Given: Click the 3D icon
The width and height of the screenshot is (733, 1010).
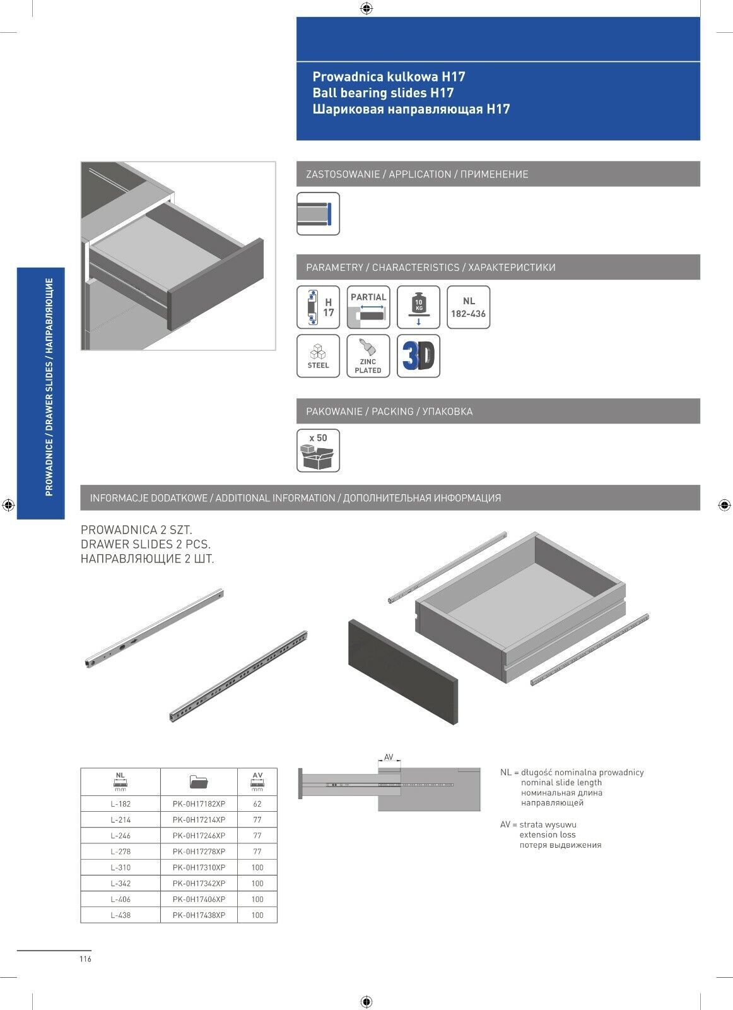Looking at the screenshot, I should [x=418, y=357].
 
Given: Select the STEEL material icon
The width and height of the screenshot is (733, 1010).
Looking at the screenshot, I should [x=318, y=357].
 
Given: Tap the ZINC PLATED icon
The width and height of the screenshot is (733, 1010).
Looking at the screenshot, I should [x=368, y=357].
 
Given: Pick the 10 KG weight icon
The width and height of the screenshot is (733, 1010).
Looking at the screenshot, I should [x=418, y=307].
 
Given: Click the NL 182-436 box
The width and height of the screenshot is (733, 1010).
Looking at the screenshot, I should [x=468, y=307].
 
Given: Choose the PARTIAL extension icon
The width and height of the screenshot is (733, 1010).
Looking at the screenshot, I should [x=368, y=307].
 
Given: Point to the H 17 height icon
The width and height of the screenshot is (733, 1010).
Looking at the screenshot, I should [x=318, y=307].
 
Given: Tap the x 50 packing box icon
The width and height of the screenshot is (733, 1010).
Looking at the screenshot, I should [x=318, y=451].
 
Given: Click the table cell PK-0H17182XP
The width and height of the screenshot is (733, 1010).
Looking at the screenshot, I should [x=199, y=804].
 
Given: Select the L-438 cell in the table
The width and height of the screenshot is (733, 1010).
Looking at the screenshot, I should [x=120, y=915].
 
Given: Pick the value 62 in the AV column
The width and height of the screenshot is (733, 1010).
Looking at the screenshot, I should [x=257, y=804].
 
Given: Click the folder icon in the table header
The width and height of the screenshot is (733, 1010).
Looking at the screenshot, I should [x=199, y=782].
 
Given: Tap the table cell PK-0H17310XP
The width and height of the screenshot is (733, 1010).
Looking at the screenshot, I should [x=199, y=867].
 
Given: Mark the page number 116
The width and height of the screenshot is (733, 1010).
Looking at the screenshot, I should [x=86, y=959].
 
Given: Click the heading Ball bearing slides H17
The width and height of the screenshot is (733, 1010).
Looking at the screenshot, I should [x=383, y=93].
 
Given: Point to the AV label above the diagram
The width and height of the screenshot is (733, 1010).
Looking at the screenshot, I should [x=389, y=757].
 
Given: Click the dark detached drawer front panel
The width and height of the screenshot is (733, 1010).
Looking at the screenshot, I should [x=402, y=671].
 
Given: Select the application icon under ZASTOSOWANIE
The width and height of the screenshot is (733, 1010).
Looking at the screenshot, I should [x=318, y=214].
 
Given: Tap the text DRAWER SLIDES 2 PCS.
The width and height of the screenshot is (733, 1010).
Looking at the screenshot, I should [x=146, y=544].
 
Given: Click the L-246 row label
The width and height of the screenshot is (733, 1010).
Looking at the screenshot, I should [x=120, y=836].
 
